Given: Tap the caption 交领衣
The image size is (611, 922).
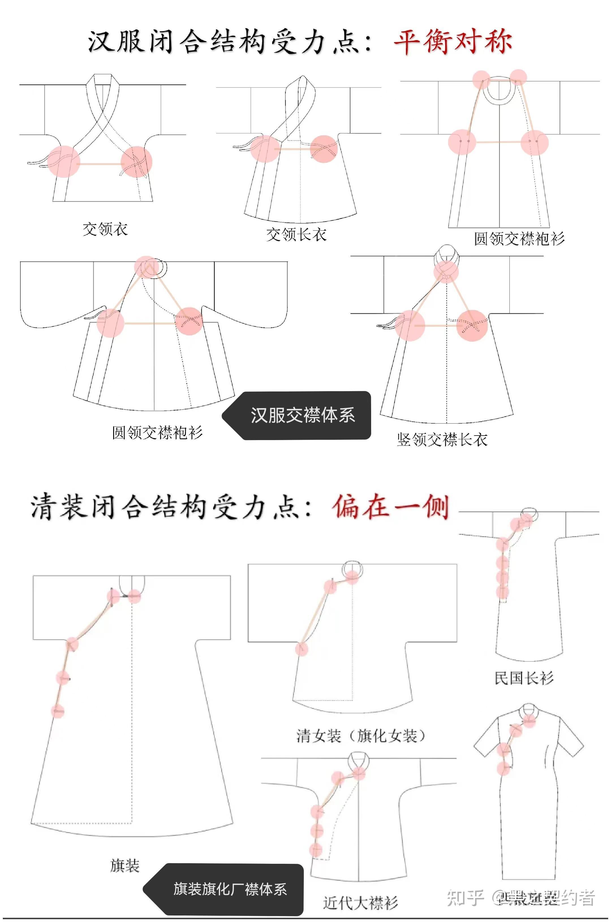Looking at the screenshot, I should pos(105,229).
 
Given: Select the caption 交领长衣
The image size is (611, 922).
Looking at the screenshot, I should pos(296,234).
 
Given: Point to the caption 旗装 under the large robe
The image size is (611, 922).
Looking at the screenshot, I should pos(125,865).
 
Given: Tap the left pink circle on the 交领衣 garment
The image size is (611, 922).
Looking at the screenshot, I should pos(64,161).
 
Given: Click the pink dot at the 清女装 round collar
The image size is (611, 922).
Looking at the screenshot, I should pos(352,577).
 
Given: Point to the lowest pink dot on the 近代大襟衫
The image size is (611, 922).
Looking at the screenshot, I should pos(316,849).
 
